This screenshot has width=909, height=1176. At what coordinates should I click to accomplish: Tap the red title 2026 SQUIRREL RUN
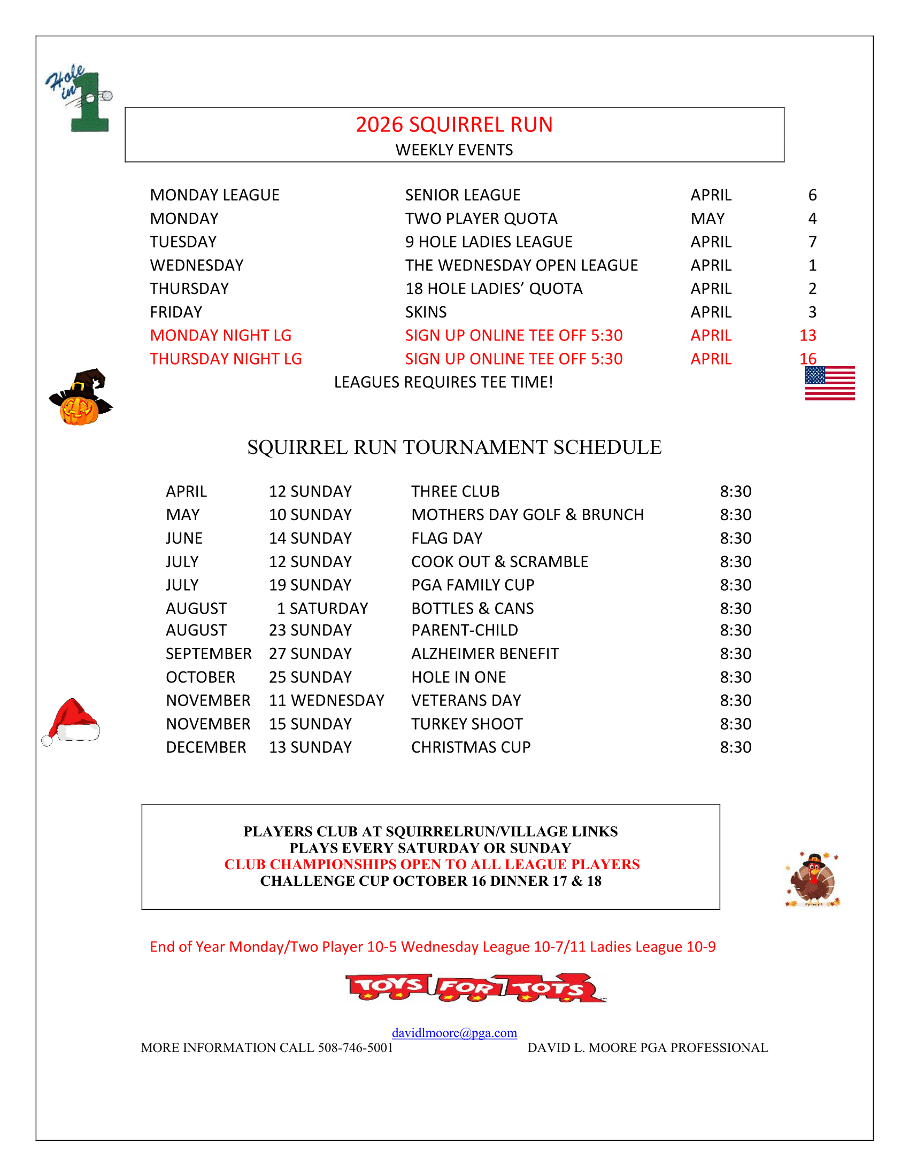(x=454, y=125)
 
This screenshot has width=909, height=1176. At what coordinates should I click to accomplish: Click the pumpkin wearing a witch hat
(x=80, y=397)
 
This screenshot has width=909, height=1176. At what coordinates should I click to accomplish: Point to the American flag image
(x=829, y=383)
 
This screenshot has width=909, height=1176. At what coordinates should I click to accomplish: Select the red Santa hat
(x=72, y=721)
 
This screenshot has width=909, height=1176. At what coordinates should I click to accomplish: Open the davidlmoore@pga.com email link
(x=454, y=1032)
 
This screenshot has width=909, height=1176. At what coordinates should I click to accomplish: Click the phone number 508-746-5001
(x=356, y=1047)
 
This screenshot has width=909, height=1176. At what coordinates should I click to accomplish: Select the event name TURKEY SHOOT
(x=467, y=724)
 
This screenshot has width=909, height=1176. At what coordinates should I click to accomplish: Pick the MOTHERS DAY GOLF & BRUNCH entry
(x=527, y=515)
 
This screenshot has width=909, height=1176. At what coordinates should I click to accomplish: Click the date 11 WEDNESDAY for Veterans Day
(x=326, y=700)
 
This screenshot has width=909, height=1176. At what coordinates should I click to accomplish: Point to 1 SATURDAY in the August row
(x=322, y=608)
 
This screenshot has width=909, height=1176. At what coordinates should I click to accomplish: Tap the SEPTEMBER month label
(x=209, y=654)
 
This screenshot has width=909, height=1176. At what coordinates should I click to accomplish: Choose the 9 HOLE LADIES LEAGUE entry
(x=488, y=242)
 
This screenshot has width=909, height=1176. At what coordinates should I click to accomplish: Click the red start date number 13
(x=807, y=336)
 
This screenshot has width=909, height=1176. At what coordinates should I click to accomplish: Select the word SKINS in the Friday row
(x=426, y=312)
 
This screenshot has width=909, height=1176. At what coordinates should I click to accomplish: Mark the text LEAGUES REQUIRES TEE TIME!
(x=443, y=382)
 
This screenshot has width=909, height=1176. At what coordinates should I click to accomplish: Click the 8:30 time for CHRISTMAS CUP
(x=735, y=747)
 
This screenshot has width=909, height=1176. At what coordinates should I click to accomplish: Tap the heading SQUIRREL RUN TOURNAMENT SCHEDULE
(x=454, y=447)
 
